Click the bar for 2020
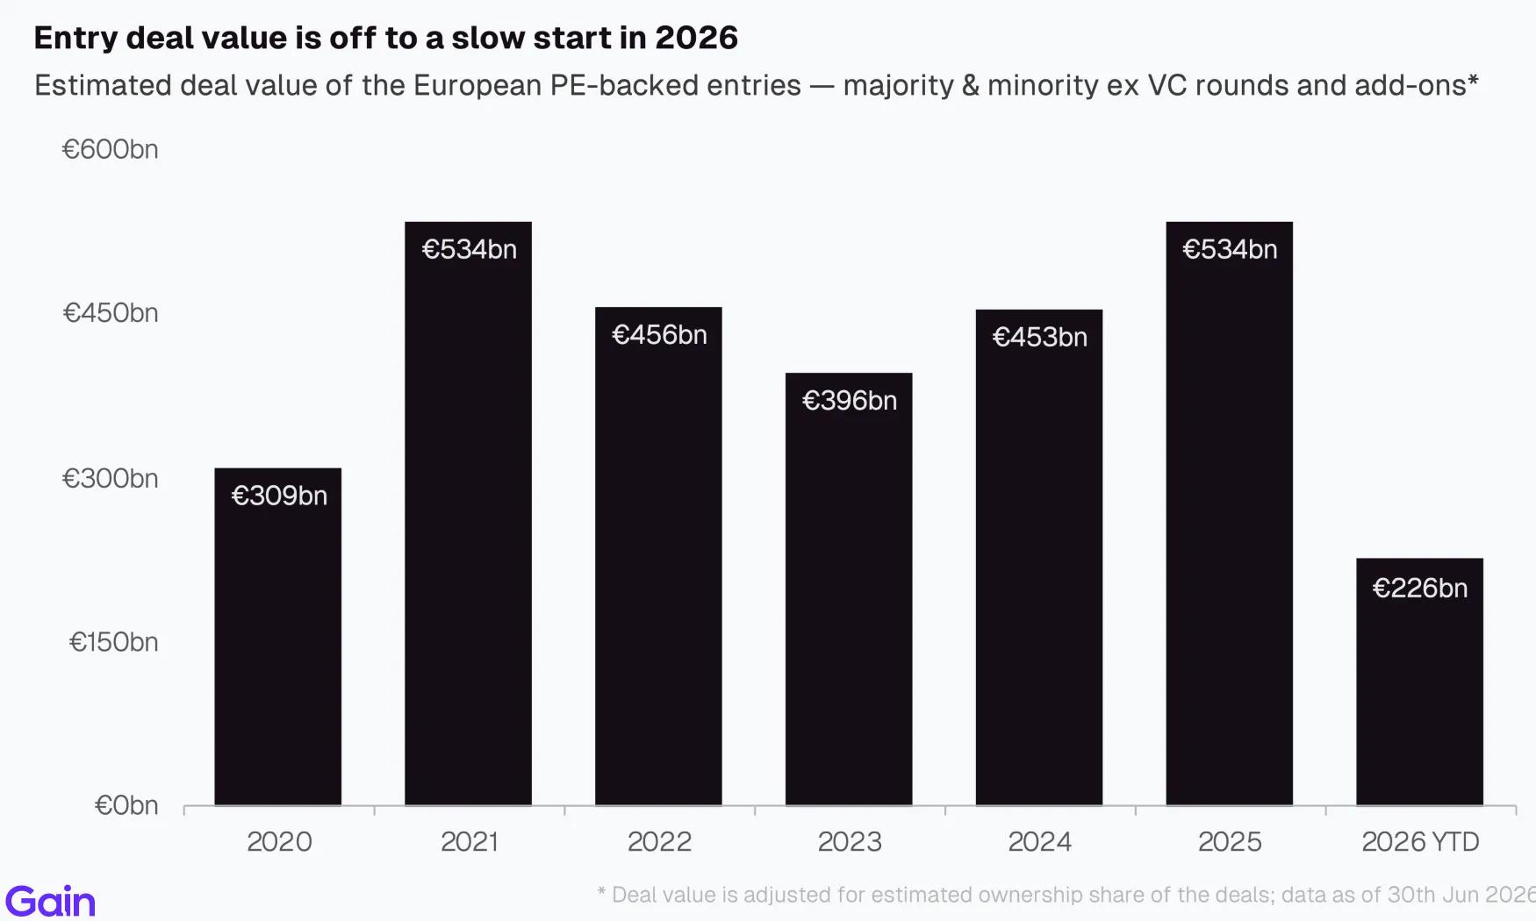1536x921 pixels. tap(277, 637)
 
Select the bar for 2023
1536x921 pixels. tap(849, 589)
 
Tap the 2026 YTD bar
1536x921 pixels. tap(1419, 682)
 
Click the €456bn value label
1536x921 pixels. tap(659, 335)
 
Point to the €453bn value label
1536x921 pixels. tap(1040, 338)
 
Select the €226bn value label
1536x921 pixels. tap(1420, 588)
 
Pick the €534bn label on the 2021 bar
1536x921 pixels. tap(470, 250)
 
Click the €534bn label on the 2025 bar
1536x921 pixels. tap(1230, 250)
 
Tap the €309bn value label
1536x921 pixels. tap(279, 496)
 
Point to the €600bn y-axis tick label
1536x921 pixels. tap(110, 150)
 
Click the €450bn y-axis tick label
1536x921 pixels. tap(111, 313)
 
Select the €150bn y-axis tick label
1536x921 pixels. tap(113, 642)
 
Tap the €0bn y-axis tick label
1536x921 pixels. tap(126, 805)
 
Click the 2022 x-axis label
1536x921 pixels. tap(659, 842)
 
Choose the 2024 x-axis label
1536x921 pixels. tap(1039, 842)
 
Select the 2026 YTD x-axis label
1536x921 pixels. tap(1420, 842)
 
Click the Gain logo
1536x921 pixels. tap(50, 902)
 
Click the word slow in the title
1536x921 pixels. tap(486, 38)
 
